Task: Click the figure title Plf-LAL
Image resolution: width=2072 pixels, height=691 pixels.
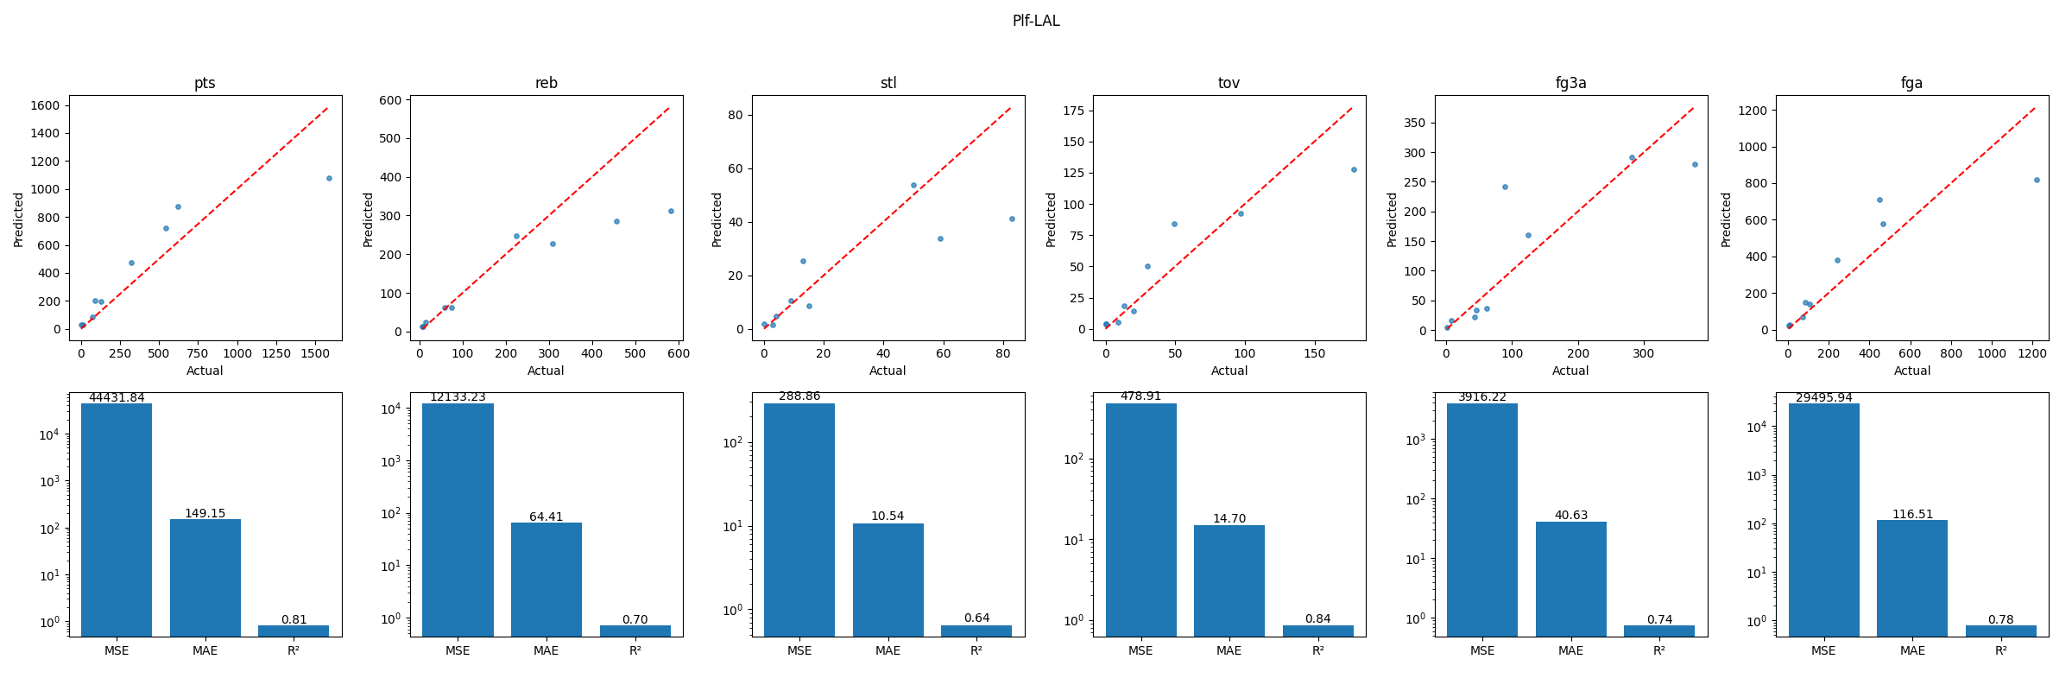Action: tap(1036, 21)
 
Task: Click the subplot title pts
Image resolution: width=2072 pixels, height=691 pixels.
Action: tap(205, 83)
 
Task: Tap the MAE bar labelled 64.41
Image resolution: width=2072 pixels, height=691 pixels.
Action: tap(546, 579)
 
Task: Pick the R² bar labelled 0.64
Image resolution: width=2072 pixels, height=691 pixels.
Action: tap(976, 631)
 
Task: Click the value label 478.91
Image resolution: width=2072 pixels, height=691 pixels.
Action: tap(1140, 396)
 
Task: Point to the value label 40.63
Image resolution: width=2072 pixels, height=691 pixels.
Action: tap(1570, 515)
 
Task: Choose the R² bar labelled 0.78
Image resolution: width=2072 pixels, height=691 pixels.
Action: tap(2000, 631)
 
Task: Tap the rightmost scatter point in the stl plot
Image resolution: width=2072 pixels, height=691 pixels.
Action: tap(1012, 219)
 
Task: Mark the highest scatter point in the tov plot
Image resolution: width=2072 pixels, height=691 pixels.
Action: tap(1354, 169)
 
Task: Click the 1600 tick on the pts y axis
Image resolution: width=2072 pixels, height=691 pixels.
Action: tap(45, 105)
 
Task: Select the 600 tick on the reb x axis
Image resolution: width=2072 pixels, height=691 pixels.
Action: tap(678, 353)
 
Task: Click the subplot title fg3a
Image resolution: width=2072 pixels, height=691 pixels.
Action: tap(1570, 83)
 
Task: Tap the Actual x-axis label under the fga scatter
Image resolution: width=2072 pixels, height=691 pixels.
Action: tap(1912, 371)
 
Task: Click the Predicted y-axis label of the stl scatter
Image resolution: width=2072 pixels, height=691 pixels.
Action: tap(717, 219)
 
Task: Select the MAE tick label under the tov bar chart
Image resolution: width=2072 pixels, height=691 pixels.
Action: tap(1229, 650)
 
